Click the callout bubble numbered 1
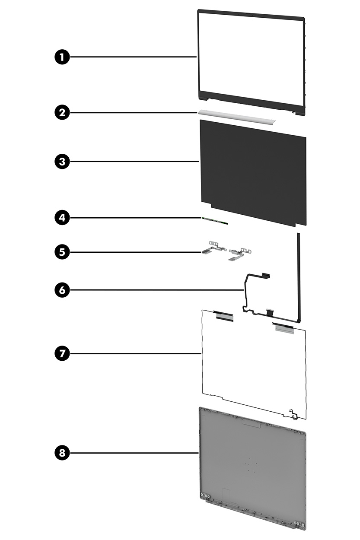tap(62, 57)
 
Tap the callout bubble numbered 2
tap(62, 113)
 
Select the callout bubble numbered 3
tap(62, 162)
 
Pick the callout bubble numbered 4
tap(62, 217)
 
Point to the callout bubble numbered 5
tap(62, 251)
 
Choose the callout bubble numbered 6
tap(62, 290)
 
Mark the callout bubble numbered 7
tap(62, 353)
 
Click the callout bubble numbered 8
tap(62, 453)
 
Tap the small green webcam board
tap(215, 221)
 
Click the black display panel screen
tap(253, 173)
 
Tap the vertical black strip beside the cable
tap(298, 276)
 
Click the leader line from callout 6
tap(156, 290)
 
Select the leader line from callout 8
tap(134, 453)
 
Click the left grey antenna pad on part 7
tap(224, 316)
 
